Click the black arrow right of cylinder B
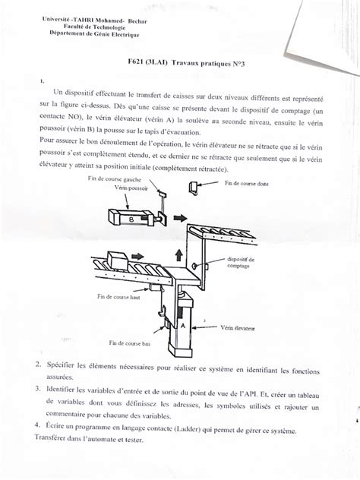[x=181, y=217]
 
